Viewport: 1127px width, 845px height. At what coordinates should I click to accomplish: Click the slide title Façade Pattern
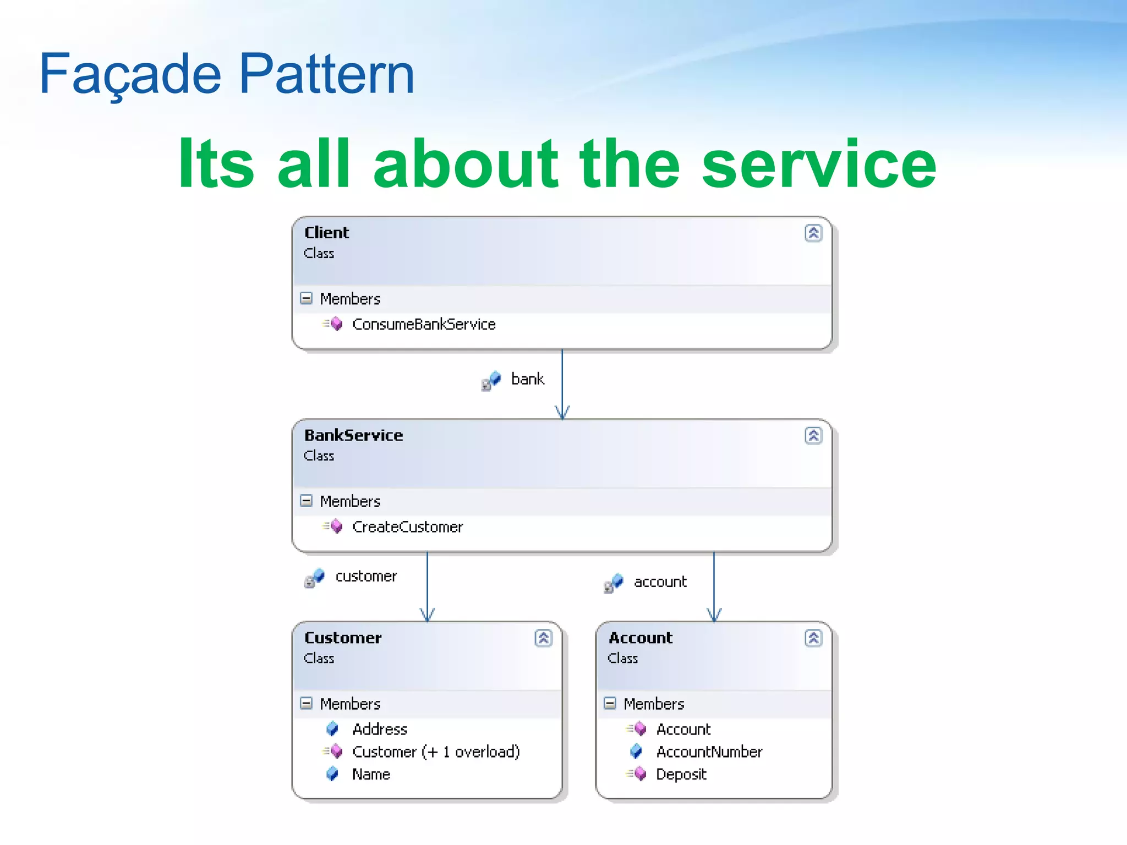[226, 74]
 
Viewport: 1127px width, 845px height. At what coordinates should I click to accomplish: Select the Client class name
[326, 233]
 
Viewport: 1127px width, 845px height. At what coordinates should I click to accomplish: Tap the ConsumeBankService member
[423, 325]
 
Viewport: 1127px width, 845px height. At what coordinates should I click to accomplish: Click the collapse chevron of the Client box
[813, 233]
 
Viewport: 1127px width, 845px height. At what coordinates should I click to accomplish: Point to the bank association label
[527, 379]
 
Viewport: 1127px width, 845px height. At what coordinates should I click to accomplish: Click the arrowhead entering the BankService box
[562, 413]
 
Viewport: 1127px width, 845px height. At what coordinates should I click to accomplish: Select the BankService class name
[353, 435]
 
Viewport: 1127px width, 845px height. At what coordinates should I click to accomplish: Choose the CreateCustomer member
[407, 527]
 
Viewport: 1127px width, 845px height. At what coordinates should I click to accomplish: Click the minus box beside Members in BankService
[306, 501]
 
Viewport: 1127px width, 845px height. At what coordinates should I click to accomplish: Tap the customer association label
[366, 577]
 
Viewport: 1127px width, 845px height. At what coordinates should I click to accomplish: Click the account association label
[660, 582]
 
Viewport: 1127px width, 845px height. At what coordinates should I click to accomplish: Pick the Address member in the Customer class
[379, 729]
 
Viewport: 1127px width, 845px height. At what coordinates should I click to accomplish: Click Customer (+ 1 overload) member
[435, 752]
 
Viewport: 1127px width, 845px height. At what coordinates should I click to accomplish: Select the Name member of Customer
[371, 775]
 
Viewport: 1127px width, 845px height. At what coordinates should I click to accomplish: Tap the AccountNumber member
[709, 752]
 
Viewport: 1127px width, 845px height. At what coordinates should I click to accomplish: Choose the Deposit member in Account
[681, 775]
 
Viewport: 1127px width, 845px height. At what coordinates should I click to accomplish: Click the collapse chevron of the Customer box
[543, 638]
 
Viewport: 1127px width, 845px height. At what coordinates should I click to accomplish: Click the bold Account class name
[640, 638]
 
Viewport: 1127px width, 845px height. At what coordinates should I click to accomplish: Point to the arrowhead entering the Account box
[714, 616]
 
